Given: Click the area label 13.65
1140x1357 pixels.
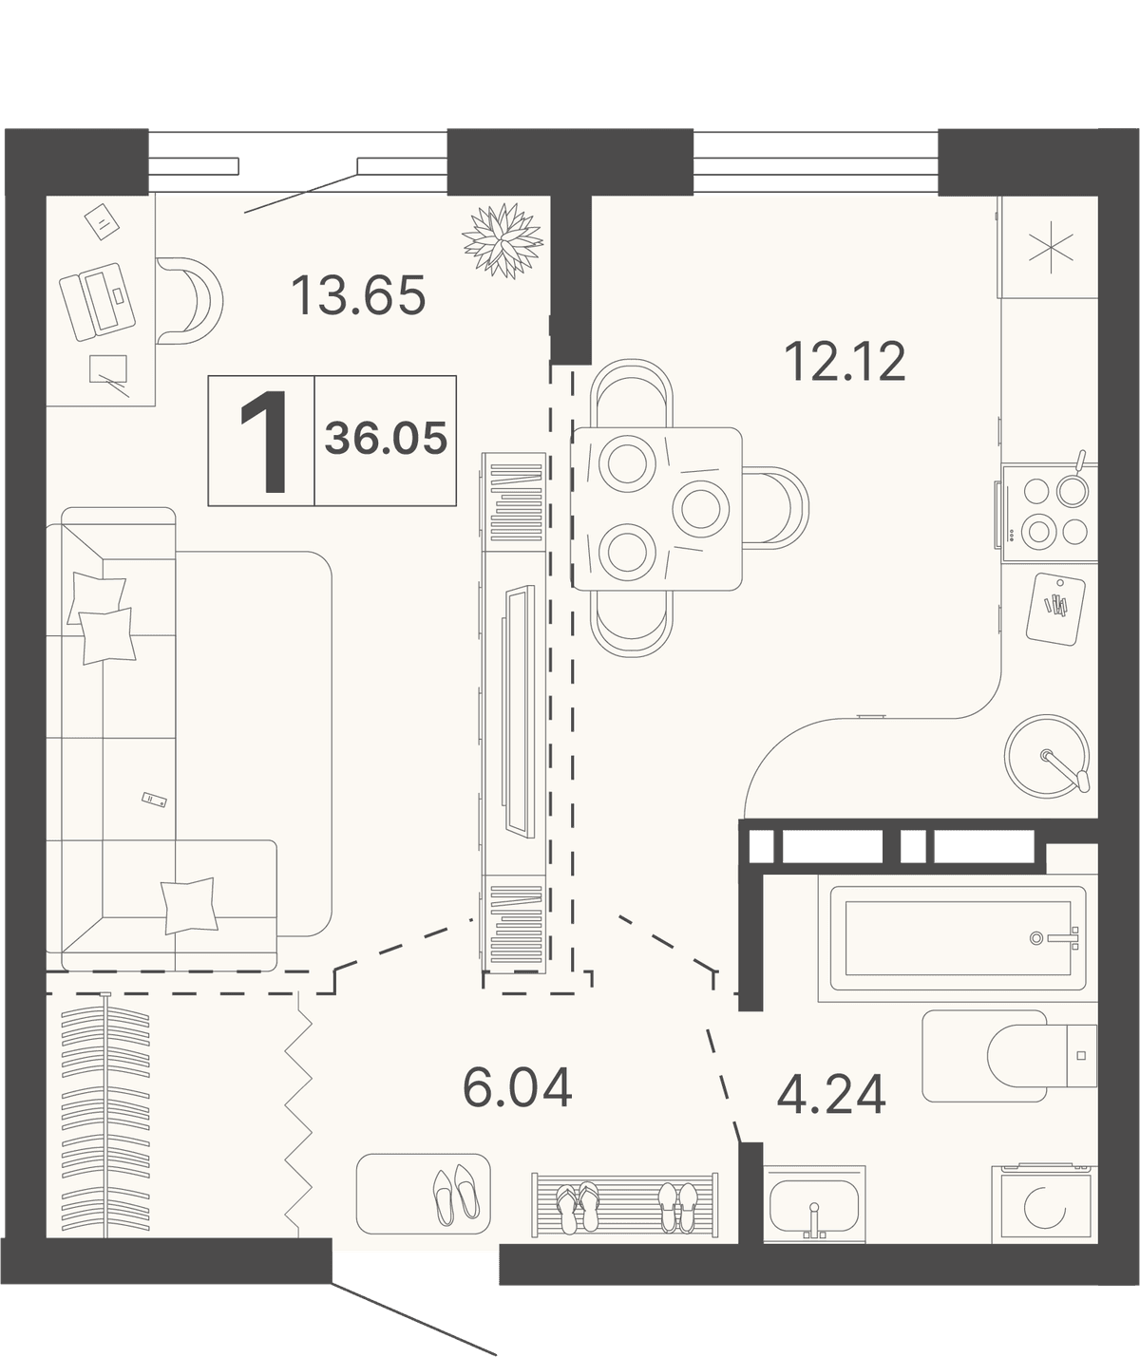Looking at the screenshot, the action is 358,295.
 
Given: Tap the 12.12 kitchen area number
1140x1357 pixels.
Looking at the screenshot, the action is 845,362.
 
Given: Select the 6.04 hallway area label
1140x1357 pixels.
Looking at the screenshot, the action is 518,1087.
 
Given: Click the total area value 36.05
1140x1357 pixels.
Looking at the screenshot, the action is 386,438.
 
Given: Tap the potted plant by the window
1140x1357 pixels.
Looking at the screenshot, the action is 503,240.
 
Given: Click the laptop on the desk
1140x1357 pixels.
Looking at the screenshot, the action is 97,302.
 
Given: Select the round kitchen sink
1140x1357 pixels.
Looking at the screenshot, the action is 1046,757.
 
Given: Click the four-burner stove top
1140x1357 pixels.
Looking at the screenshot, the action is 1050,512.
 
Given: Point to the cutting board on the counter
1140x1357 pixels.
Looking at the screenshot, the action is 1055,609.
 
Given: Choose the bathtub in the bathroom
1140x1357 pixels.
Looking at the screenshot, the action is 958,938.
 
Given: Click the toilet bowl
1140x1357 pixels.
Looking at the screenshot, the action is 1028,1055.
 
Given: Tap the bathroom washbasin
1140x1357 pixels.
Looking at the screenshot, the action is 815,1204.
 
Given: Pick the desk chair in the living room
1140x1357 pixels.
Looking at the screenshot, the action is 189,301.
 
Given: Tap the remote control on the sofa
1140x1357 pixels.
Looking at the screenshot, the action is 154,800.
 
